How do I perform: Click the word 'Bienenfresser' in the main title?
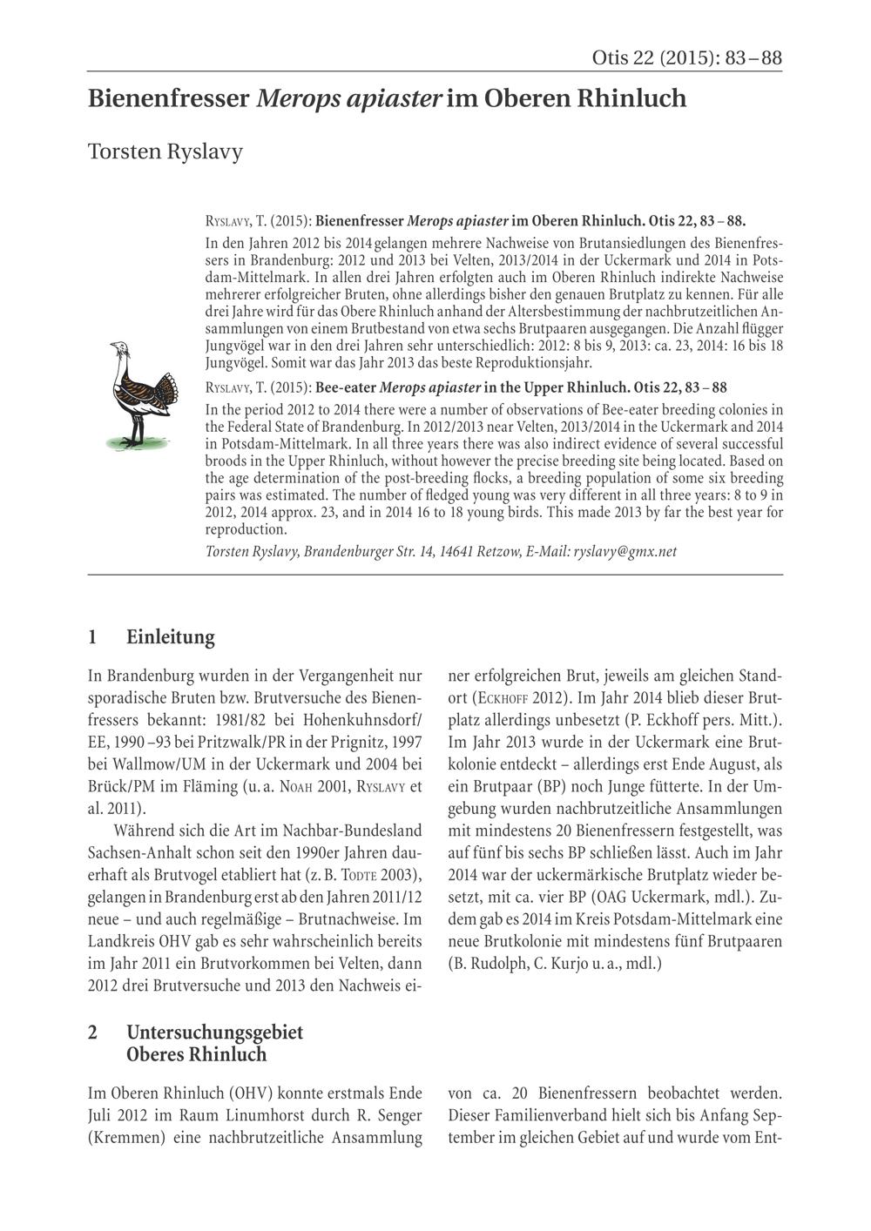point(169,99)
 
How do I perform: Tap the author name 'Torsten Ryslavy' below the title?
point(165,151)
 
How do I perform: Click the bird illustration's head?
point(120,348)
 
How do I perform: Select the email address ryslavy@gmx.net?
point(625,551)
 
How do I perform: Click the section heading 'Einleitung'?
point(171,637)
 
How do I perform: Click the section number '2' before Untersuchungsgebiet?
point(93,1033)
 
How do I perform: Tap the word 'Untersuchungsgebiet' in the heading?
point(214,1033)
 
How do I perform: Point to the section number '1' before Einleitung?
point(93,637)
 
